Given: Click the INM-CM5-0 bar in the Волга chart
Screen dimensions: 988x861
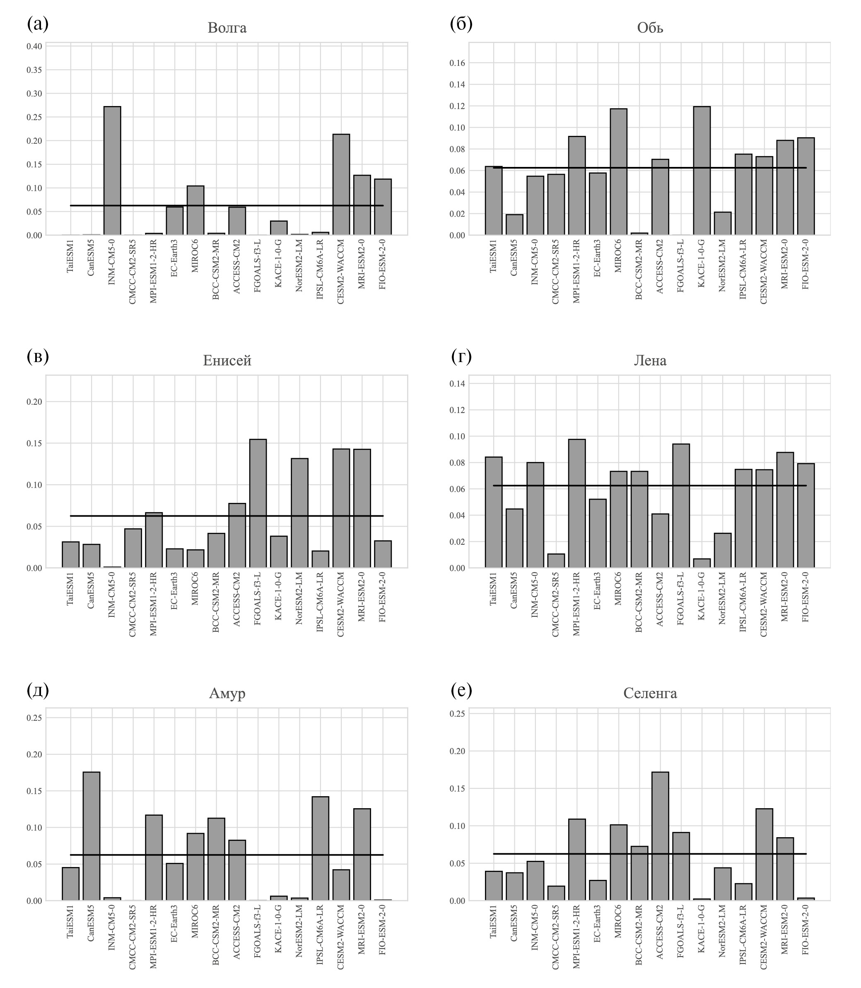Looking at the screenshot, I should tap(112, 171).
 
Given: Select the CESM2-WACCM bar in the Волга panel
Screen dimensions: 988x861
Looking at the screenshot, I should tap(341, 184).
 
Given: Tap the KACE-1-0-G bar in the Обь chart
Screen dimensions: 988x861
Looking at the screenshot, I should tap(702, 171).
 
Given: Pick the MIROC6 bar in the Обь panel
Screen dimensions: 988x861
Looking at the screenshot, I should tap(618, 172).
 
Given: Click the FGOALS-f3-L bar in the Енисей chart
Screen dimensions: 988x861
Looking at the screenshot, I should tap(258, 503).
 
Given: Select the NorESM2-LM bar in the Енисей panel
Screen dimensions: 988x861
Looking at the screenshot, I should tap(299, 513).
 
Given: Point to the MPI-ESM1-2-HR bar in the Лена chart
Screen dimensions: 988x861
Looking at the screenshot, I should tap(576, 503).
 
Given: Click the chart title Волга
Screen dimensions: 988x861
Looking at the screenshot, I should tap(227, 28).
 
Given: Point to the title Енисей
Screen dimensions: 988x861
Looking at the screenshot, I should tap(227, 360).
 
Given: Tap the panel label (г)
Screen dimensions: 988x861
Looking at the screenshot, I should tap(461, 357).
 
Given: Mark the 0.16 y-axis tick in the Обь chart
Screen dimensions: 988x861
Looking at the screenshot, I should tap(457, 63).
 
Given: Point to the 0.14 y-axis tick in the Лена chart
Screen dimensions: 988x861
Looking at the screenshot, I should tap(457, 384).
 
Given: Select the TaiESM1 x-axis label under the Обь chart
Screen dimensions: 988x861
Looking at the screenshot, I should tap(493, 259).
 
